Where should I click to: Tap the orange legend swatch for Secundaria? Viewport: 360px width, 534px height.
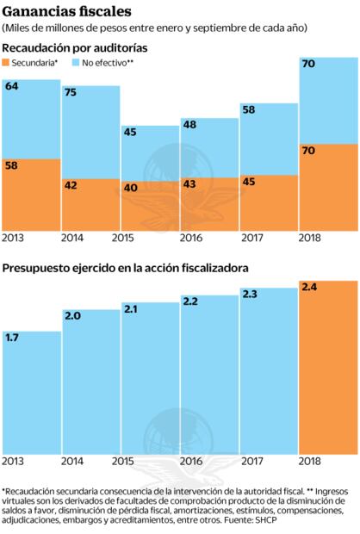[x=6, y=64]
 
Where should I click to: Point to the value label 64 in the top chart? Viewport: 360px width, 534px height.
[x=12, y=86]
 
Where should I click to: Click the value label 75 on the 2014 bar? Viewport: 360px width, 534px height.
[x=71, y=93]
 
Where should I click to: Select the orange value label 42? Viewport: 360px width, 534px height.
[x=71, y=184]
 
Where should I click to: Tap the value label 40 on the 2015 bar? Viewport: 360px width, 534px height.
[x=131, y=187]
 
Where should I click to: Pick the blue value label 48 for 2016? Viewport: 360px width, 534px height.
[x=190, y=125]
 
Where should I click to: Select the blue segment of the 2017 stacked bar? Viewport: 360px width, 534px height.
[x=269, y=142]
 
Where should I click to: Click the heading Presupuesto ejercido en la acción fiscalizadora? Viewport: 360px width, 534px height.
[x=126, y=268]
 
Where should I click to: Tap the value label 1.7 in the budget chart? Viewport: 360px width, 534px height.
[x=12, y=338]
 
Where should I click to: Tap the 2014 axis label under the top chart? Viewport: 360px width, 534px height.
[x=72, y=239]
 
